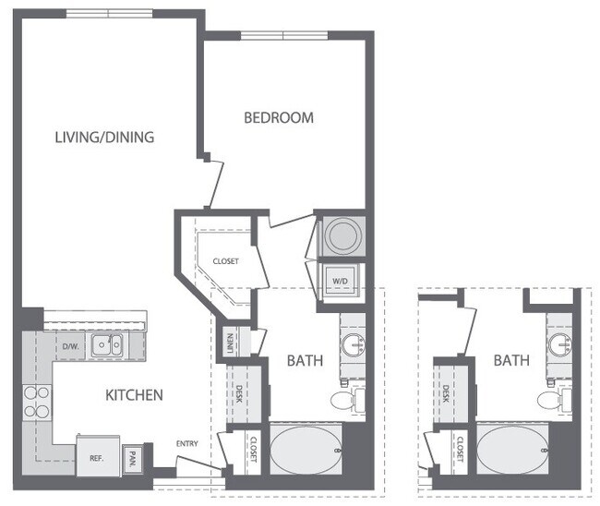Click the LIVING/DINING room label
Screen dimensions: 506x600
click(103, 138)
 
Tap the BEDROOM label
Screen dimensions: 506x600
click(278, 117)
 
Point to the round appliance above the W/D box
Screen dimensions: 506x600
click(341, 236)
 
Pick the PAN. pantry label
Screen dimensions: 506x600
click(133, 456)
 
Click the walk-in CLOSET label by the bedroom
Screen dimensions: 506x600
click(225, 261)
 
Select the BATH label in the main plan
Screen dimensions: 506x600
click(304, 360)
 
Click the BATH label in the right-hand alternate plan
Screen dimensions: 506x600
click(510, 360)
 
